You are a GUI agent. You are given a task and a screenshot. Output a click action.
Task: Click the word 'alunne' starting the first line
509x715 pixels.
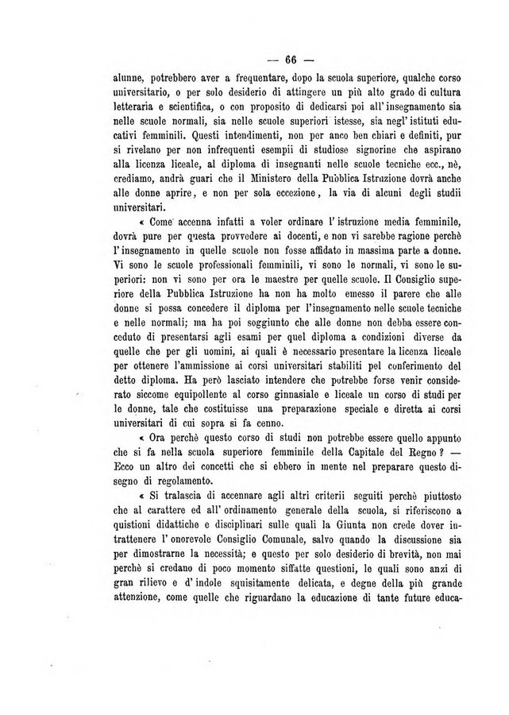(x=110, y=79)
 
